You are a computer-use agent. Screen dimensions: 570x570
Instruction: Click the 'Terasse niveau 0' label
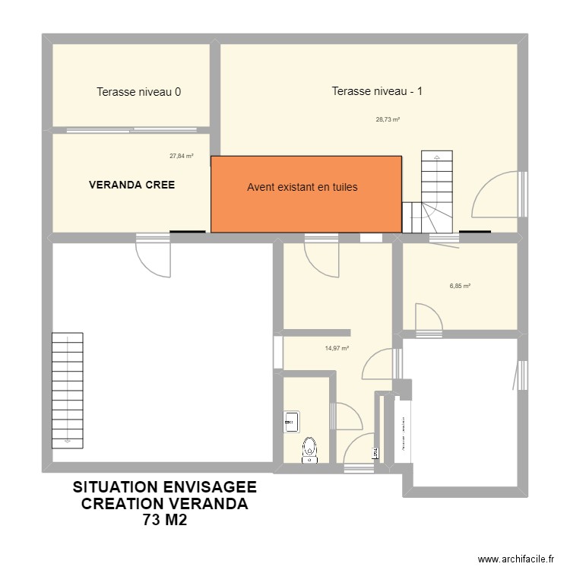tap(138, 92)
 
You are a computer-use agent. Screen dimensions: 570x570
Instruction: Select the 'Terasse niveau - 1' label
tap(377, 91)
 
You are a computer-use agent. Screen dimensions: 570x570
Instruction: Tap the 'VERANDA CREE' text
tap(131, 185)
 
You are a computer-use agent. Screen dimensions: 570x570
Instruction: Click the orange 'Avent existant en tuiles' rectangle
tap(306, 194)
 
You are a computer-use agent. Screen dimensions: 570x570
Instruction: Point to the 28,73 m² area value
tap(388, 119)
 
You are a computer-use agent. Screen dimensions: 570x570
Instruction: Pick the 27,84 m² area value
tap(181, 156)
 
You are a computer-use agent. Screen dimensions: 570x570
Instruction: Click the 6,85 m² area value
tap(460, 287)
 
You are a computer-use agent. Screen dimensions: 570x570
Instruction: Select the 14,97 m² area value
tap(337, 349)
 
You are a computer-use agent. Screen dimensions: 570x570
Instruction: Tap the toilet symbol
tap(309, 449)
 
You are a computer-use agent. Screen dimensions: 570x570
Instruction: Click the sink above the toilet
tap(292, 420)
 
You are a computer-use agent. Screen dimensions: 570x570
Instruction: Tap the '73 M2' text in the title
tap(164, 521)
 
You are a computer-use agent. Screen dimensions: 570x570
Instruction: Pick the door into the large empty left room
tap(154, 257)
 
